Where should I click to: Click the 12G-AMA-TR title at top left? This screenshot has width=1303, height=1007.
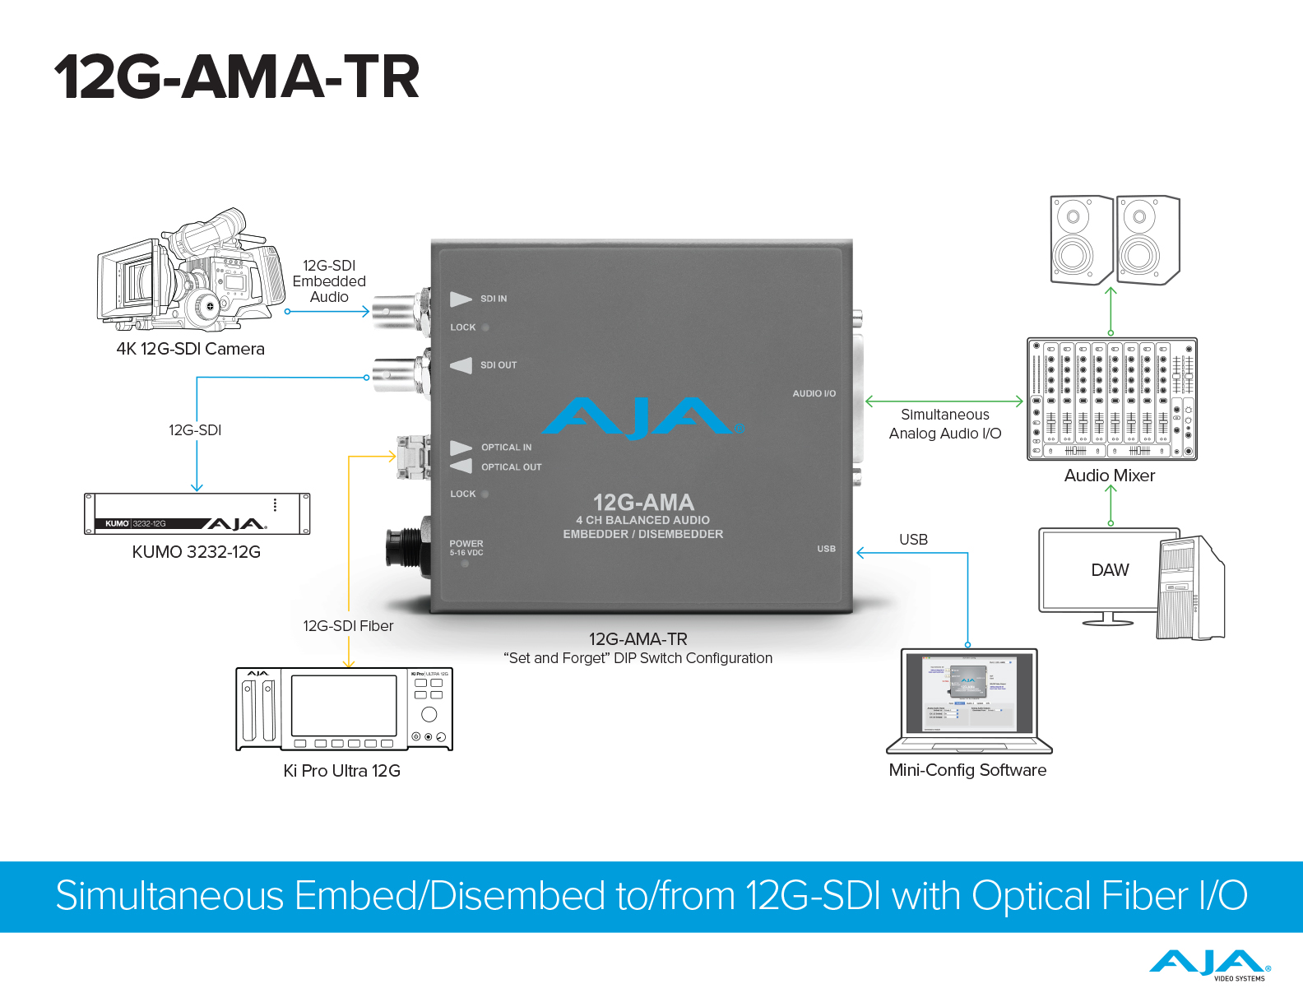tap(237, 77)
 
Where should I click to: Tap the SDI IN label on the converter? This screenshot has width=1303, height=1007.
tap(493, 299)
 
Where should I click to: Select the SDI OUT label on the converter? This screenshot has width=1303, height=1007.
tap(498, 365)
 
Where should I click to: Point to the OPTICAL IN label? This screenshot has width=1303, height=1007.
tap(506, 448)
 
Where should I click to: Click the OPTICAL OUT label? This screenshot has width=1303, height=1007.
tap(511, 467)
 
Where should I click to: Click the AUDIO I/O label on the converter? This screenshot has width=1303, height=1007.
tap(814, 393)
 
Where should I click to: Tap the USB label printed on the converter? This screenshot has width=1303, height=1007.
tap(826, 549)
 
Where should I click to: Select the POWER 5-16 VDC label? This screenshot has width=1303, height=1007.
tap(466, 548)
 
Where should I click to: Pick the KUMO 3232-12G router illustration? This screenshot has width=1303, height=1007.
tap(197, 514)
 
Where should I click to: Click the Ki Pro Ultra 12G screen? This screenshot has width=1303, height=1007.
tap(344, 705)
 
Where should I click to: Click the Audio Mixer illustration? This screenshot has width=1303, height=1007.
tap(1111, 399)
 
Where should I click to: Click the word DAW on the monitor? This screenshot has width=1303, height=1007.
tap(1110, 570)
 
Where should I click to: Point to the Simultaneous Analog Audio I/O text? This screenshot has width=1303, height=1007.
tap(945, 424)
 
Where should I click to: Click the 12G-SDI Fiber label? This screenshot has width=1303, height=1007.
tap(348, 626)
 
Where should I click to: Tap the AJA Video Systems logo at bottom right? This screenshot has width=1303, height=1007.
tap(1209, 964)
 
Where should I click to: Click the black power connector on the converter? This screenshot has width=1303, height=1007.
tap(405, 546)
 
